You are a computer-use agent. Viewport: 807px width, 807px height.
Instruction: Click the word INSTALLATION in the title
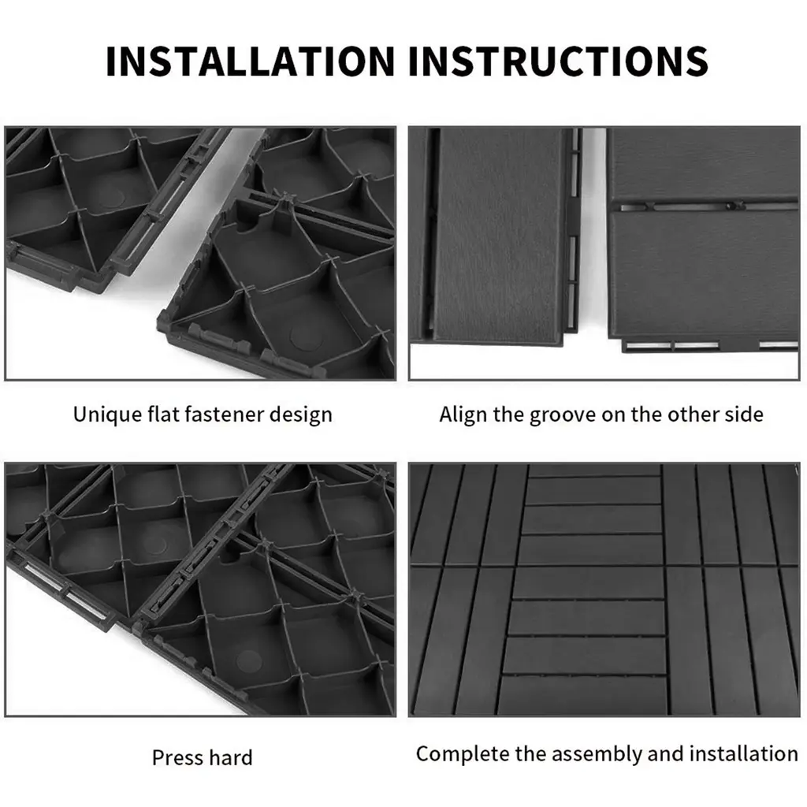(250, 61)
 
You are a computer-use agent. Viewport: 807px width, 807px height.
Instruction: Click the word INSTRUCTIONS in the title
(559, 61)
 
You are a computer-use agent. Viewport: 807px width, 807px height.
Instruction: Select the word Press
(174, 757)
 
